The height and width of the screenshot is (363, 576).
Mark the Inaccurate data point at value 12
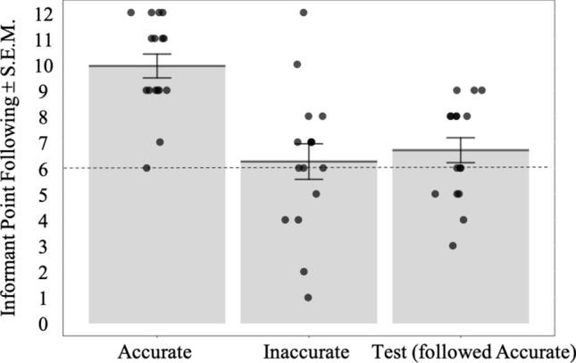click(x=304, y=13)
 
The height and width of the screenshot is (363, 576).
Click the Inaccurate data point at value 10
click(x=297, y=64)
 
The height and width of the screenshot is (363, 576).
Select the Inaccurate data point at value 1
click(x=308, y=298)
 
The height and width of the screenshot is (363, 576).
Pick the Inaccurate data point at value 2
click(x=304, y=272)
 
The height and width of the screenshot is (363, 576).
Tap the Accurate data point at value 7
click(x=160, y=142)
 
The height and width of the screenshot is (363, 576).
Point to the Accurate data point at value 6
click(x=147, y=168)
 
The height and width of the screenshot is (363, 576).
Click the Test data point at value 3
click(x=454, y=246)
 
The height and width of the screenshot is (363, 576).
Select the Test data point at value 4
click(x=463, y=220)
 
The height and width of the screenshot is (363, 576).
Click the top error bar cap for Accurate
click(x=157, y=54)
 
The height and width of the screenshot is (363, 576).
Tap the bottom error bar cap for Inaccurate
click(x=309, y=180)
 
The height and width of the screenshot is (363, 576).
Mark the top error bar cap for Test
click(x=461, y=138)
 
